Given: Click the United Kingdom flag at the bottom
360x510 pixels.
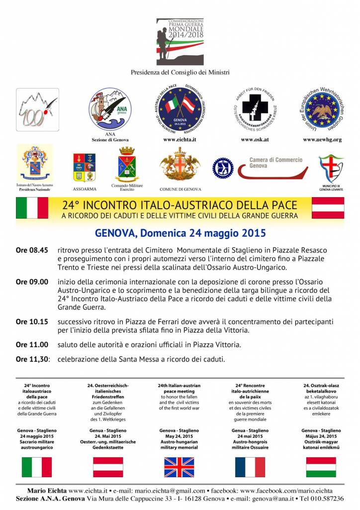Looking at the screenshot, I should tap(180, 467).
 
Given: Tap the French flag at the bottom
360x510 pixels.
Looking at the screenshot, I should tap(250, 467).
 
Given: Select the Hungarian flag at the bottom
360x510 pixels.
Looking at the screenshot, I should tap(321, 467).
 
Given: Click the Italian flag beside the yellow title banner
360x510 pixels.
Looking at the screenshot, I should tap(32, 208).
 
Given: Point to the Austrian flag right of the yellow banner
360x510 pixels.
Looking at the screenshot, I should tap(328, 208).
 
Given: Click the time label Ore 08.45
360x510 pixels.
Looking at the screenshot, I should tap(32, 250).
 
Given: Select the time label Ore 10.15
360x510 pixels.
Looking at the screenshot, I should tap(32, 321).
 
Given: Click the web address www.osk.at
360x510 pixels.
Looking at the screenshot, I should tap(255, 140).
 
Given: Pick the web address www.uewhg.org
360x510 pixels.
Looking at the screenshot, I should tap(322, 140).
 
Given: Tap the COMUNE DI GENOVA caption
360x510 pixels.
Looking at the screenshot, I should tap(180, 189).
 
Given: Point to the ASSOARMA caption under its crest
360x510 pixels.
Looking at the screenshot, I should tap(85, 189).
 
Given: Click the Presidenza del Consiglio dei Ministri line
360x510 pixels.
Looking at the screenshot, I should tap(180, 73).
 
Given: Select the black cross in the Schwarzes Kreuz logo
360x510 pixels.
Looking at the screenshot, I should tap(255, 109).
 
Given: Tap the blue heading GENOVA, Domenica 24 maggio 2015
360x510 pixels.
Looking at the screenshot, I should tap(180, 233).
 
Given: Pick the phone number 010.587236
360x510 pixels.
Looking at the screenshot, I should tap(326, 499).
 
